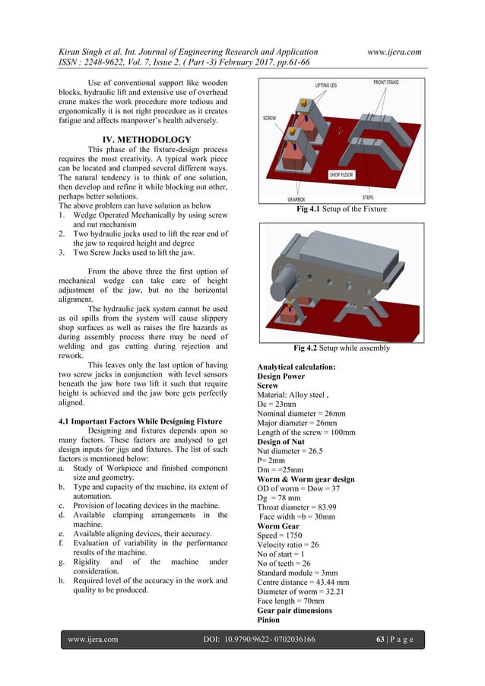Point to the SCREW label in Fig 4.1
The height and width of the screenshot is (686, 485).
pos(269,119)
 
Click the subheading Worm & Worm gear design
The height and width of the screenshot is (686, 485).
pos(306,479)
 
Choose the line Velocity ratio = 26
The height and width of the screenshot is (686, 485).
pos(293,545)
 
